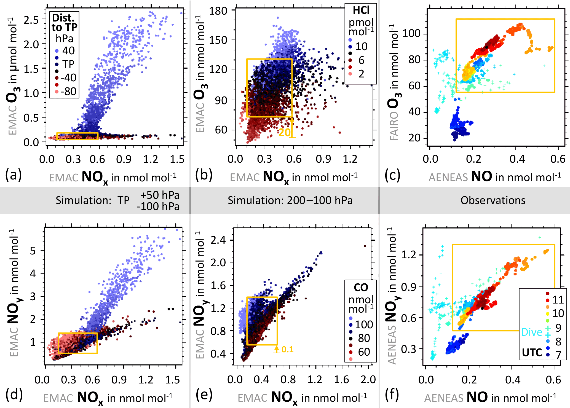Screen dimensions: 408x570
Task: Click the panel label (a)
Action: coord(13,175)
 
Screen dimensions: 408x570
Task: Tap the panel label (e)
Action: coord(204,395)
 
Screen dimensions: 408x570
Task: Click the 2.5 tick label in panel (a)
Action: coord(31,20)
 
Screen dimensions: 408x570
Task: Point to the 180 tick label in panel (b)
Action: coord(218,11)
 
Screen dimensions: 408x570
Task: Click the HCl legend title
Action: coord(361,10)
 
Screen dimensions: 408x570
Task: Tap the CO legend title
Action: coord(361,288)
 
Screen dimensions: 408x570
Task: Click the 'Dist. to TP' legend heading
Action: coord(65,23)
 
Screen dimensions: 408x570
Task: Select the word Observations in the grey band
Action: coord(493,200)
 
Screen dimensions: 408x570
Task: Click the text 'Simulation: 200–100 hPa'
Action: coord(290,200)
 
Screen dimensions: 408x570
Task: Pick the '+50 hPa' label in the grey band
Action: coord(160,195)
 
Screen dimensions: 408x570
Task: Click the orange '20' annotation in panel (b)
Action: coord(284,133)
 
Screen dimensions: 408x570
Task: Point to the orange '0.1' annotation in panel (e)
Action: coord(287,350)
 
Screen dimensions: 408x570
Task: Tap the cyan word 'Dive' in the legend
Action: coord(532,332)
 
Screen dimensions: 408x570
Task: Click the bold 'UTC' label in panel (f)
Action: coord(532,353)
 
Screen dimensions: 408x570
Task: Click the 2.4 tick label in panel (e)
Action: coord(218,240)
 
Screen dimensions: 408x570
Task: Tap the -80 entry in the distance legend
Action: coord(68,91)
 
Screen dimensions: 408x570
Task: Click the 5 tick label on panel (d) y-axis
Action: coord(33,251)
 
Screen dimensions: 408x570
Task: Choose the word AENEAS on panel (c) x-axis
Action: coord(448,177)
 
